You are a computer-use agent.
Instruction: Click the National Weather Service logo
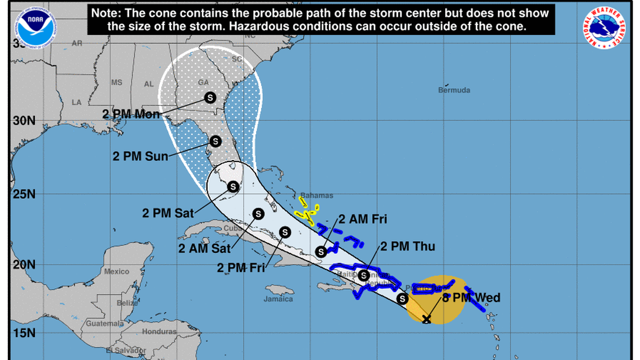coord(605,28)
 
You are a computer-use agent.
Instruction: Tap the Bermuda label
coord(454,90)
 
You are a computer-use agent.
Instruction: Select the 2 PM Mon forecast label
coord(131,113)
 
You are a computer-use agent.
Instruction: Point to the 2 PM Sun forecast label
coord(140,156)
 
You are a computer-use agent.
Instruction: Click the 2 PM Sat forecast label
coord(168,213)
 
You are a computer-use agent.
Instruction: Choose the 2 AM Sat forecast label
coord(204,247)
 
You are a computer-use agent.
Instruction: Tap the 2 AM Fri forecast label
coord(363,219)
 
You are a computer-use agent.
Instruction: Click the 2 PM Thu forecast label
coord(408,246)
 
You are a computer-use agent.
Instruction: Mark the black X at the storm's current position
coord(427,320)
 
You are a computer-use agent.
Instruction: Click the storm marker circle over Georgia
coord(210,97)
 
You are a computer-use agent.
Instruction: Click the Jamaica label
coord(278,299)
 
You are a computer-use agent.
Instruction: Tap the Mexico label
coord(116,272)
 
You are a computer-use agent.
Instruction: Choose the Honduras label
coord(159,331)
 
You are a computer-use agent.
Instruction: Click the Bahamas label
coord(317,195)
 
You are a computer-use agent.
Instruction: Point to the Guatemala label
coord(104,324)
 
